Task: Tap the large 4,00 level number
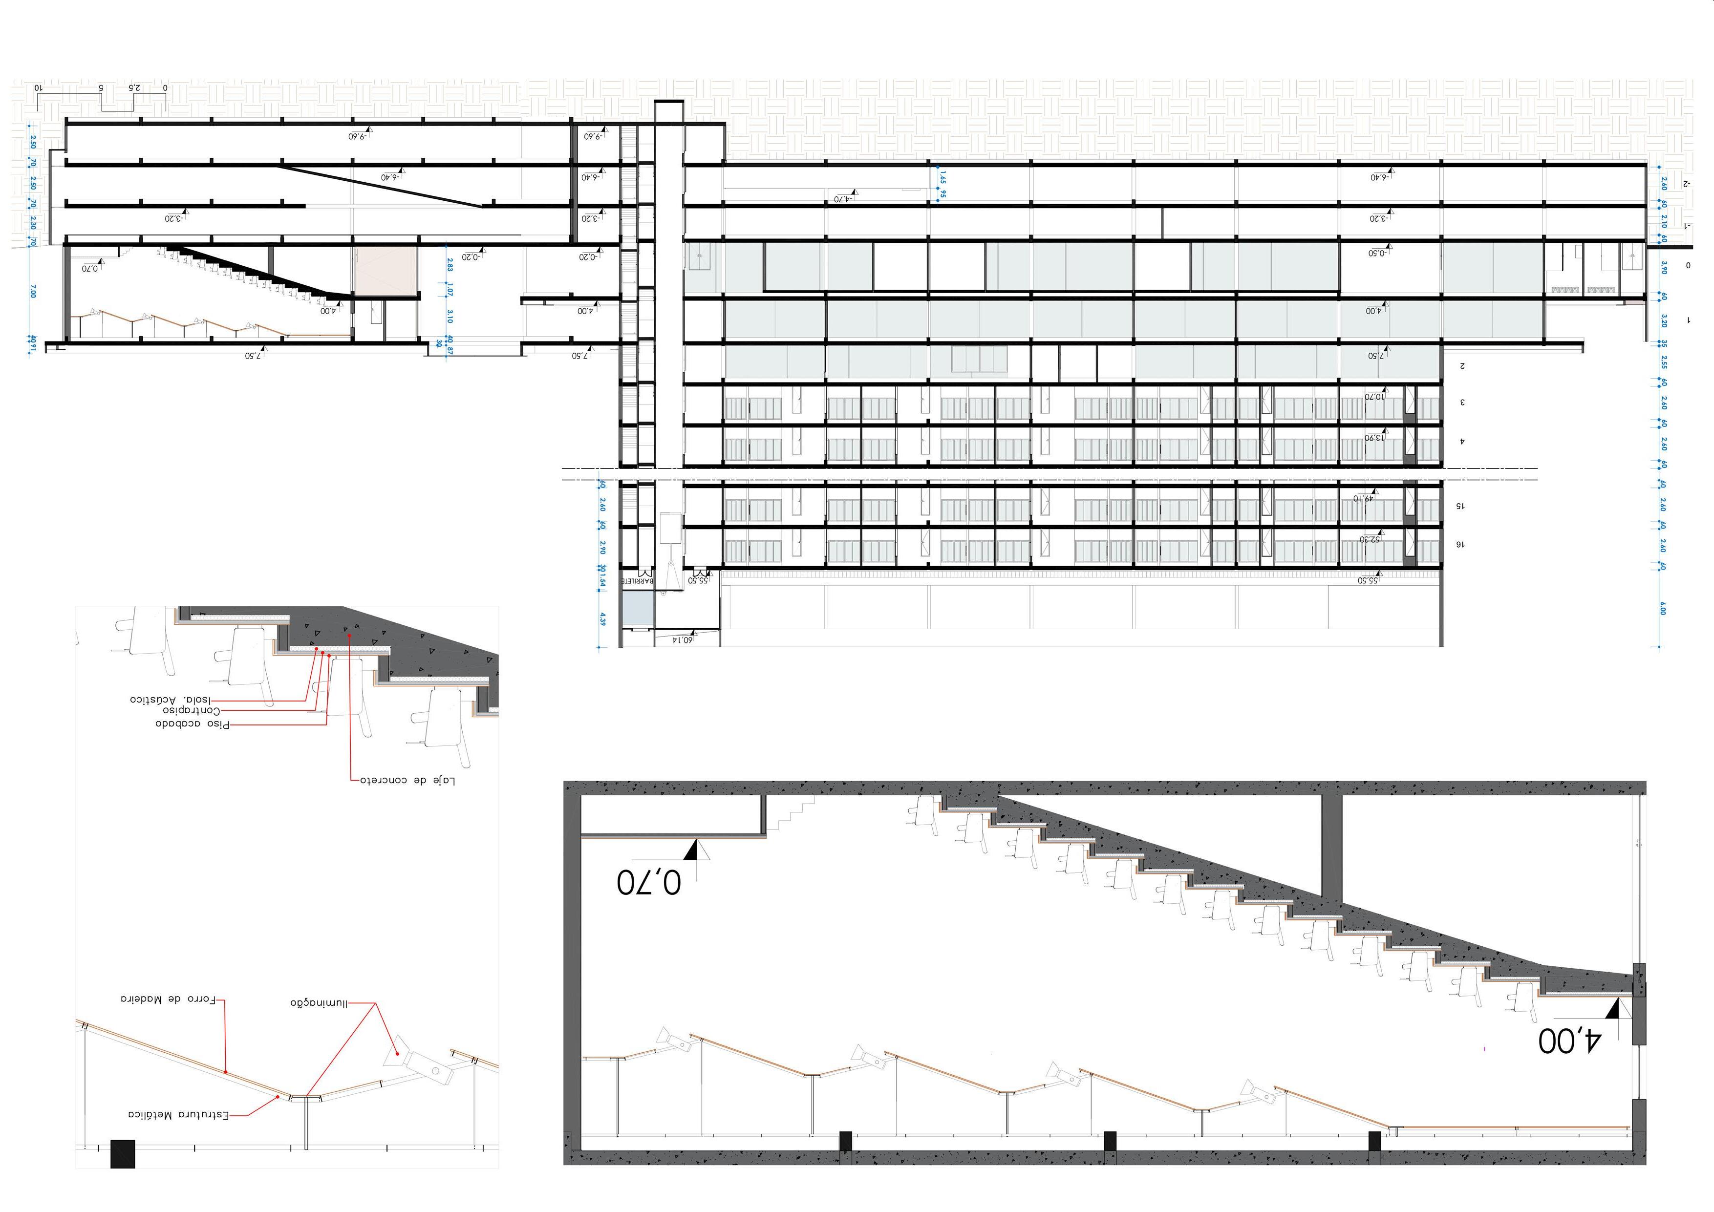1569,1041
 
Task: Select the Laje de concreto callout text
407,781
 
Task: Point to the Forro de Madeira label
169,999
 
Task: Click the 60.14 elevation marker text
682,639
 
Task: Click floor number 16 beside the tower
1460,545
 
